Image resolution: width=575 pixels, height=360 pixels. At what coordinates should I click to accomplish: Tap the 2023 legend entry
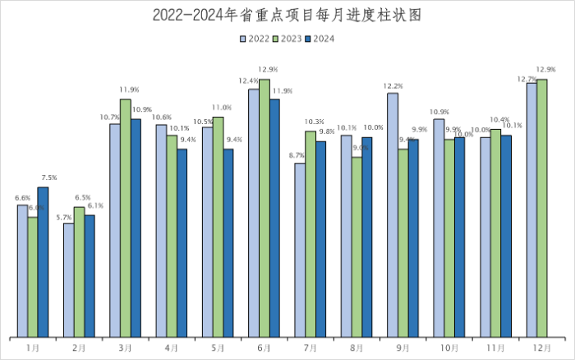pos(287,38)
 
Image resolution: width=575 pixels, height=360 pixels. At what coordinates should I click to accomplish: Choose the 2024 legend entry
pos(320,38)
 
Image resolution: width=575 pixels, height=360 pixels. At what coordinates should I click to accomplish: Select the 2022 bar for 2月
pos(69,279)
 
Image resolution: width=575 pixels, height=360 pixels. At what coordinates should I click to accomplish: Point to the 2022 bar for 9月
pos(393,215)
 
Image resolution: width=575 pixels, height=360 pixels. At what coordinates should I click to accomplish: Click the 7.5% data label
pos(48,178)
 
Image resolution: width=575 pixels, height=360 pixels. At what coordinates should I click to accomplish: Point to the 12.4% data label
pos(248,80)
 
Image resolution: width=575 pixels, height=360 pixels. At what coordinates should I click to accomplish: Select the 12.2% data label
pos(393,85)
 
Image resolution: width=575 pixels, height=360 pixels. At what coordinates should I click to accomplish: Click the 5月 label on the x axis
pos(218,348)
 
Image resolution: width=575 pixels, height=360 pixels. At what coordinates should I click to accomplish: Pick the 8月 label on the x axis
pos(356,348)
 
